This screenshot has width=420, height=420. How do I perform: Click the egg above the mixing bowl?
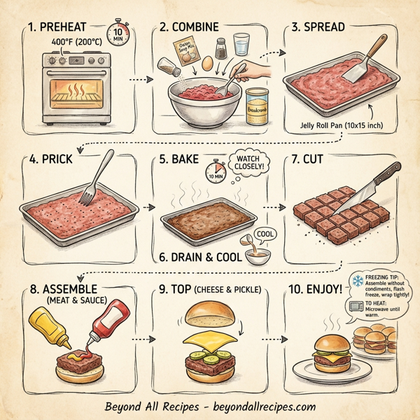(208, 63)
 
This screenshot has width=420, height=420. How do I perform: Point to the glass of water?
(241, 47)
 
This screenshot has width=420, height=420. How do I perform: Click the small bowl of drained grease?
(255, 256)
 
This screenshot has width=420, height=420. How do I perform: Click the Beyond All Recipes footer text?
(210, 406)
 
